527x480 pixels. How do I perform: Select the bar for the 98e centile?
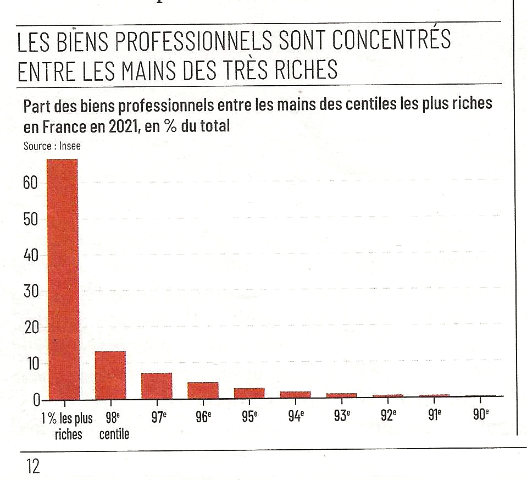click(x=110, y=375)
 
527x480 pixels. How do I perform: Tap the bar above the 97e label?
click(x=157, y=386)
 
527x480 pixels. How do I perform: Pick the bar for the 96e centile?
click(x=203, y=390)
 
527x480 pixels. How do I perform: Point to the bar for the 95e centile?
click(x=249, y=393)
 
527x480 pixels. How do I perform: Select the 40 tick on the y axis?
click(x=30, y=255)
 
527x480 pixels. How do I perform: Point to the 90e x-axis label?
click(x=480, y=415)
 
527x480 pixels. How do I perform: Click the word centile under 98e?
click(x=114, y=434)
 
